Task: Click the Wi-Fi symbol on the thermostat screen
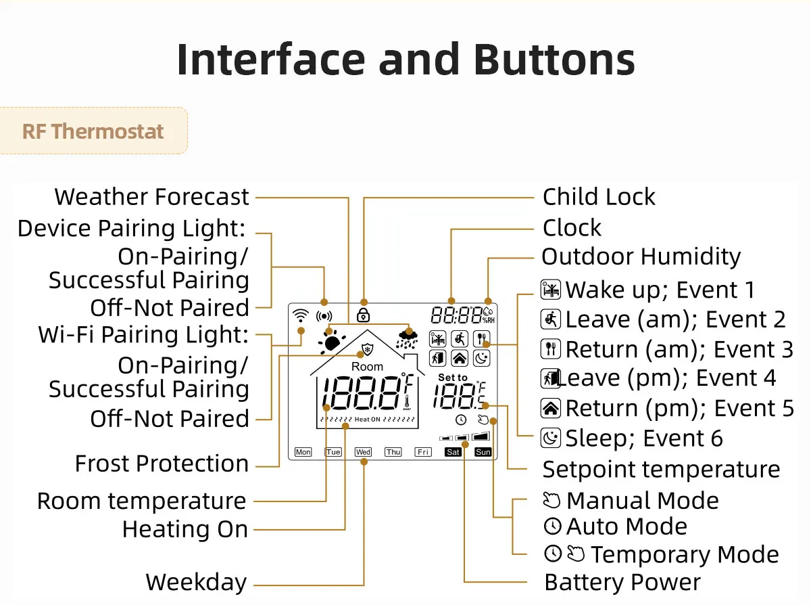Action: pyautogui.click(x=299, y=315)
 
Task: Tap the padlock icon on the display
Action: pyautogui.click(x=364, y=315)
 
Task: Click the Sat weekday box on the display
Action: pyautogui.click(x=453, y=451)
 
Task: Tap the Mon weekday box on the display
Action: pyautogui.click(x=303, y=451)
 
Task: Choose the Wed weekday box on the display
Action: pyautogui.click(x=363, y=451)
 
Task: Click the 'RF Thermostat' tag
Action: pyautogui.click(x=93, y=131)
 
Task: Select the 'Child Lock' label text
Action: pyautogui.click(x=599, y=197)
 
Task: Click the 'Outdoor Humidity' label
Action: pyautogui.click(x=641, y=257)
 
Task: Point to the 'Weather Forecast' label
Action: pyautogui.click(x=152, y=197)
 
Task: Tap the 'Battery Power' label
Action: pyautogui.click(x=622, y=582)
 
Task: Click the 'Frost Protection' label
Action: pyautogui.click(x=162, y=464)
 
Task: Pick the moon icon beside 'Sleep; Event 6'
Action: pyautogui.click(x=551, y=439)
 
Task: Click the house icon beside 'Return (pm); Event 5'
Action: pyautogui.click(x=551, y=408)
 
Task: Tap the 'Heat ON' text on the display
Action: pyautogui.click(x=368, y=420)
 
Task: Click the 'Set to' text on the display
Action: pyautogui.click(x=452, y=378)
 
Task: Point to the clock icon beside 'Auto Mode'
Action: pyautogui.click(x=552, y=526)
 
